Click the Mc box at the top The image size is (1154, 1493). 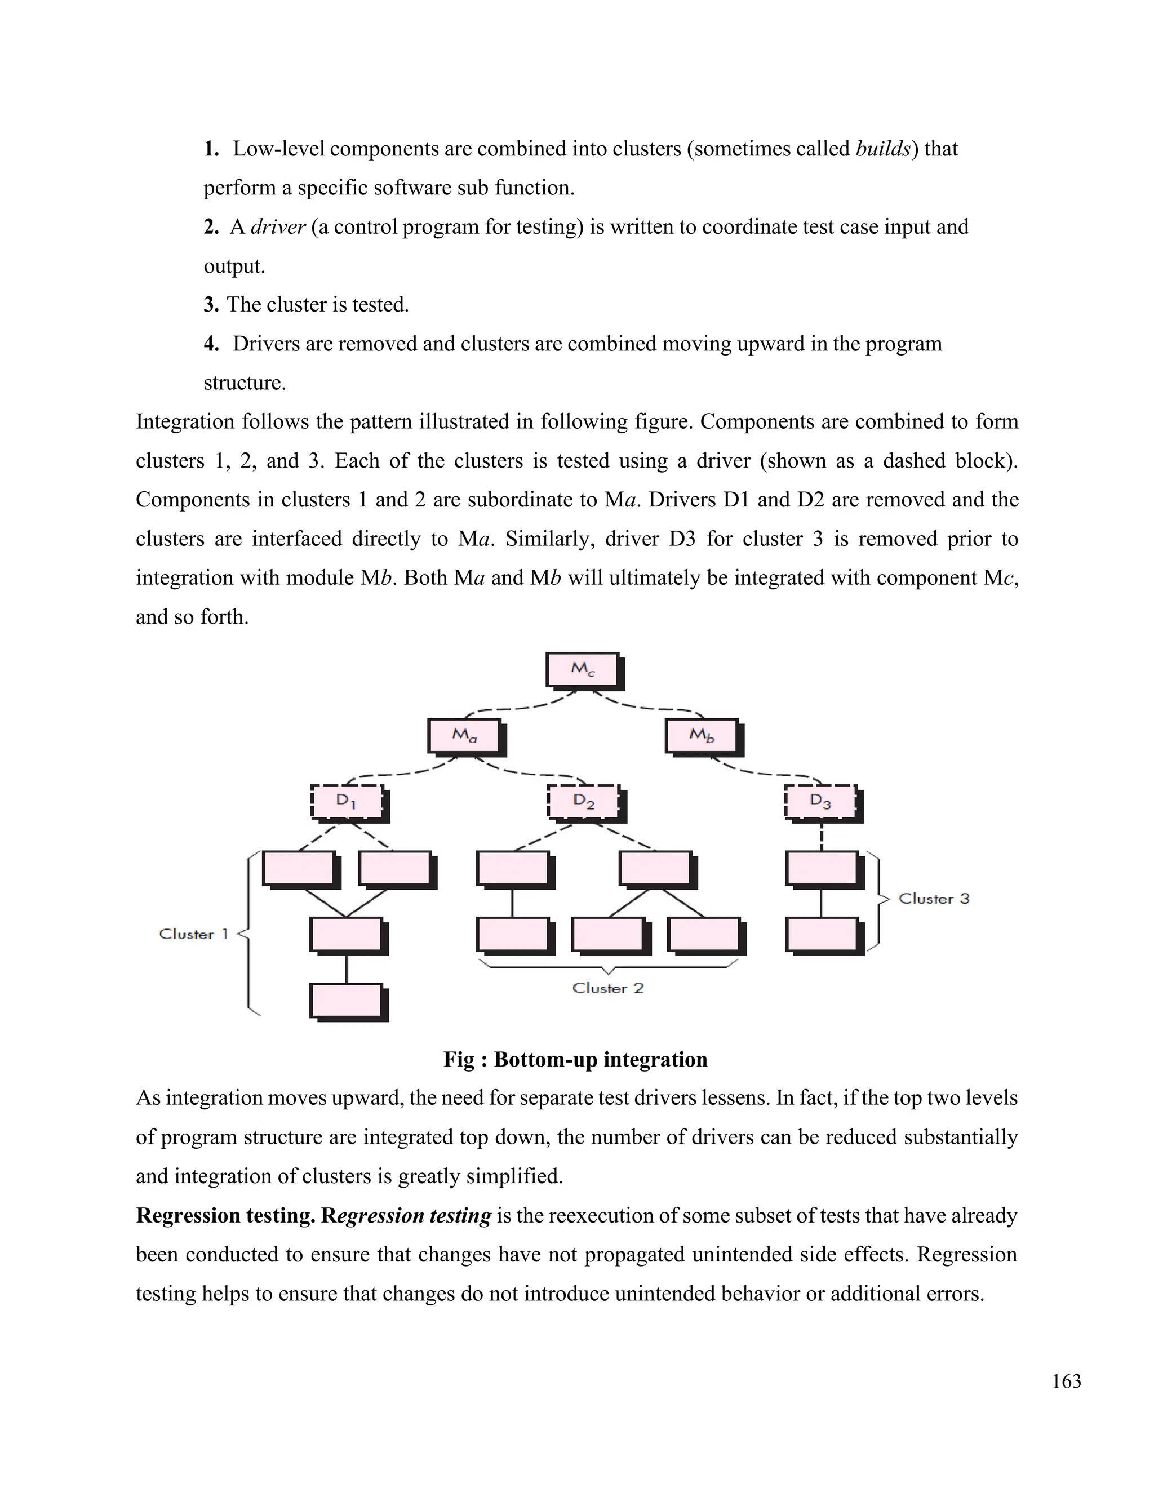coord(583,669)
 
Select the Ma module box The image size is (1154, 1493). coord(464,736)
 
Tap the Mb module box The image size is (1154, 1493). coord(702,736)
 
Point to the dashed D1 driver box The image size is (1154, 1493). coord(346,801)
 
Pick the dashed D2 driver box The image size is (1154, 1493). coord(583,801)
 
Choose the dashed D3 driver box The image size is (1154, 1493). coord(820,801)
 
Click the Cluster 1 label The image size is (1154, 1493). coord(193,934)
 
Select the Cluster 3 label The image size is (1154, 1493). coord(934,898)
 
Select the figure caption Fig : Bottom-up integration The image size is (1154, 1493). coord(575,1059)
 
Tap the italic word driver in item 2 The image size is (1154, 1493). coord(278,226)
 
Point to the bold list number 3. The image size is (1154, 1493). coord(211,304)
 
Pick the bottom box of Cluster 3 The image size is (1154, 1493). coord(820,935)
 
